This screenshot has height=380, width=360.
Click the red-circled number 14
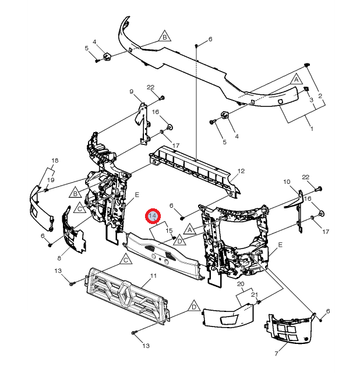point(153,216)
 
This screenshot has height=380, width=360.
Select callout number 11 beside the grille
point(153,276)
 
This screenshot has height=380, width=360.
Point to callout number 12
point(241,171)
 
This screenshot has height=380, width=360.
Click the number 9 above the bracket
point(132,91)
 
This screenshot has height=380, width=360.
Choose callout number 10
point(287,182)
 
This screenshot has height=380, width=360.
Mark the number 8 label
point(59,258)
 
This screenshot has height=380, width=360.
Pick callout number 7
point(276,354)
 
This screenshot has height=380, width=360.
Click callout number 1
point(312,129)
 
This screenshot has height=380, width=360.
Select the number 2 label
point(320,96)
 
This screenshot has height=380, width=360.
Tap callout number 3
point(312,100)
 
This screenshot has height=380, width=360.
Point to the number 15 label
point(169,230)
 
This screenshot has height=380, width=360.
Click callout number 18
point(55,161)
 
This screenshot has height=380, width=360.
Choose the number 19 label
point(51,180)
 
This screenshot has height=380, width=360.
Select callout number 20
point(241,284)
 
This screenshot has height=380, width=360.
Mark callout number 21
point(255,294)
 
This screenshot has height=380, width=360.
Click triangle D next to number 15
point(180,240)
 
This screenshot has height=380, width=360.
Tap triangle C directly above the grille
point(126,260)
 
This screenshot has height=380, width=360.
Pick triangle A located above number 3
point(296,79)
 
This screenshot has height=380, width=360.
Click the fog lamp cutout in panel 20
point(229,319)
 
